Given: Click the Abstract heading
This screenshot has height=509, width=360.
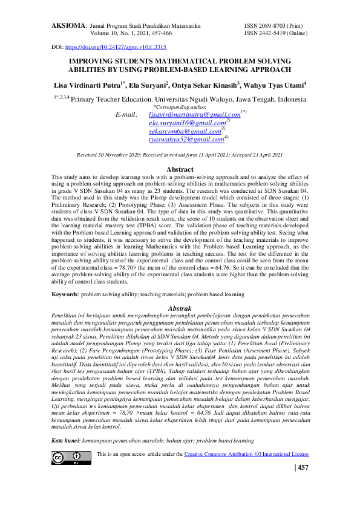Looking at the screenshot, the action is pyautogui.click(x=180, y=169).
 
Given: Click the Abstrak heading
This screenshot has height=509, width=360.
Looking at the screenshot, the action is pyautogui.click(x=180, y=309).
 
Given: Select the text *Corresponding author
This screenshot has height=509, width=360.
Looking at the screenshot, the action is pyautogui.click(x=180, y=106).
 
